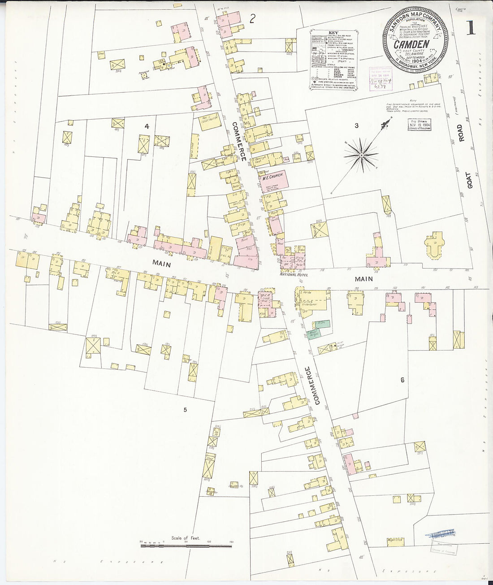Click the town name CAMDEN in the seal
(x=411, y=44)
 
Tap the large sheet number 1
(x=470, y=28)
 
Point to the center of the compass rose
(x=361, y=155)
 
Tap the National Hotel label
(x=294, y=274)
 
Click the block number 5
(x=185, y=409)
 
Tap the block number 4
(x=147, y=126)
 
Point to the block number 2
(x=253, y=18)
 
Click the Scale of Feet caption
(x=185, y=537)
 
